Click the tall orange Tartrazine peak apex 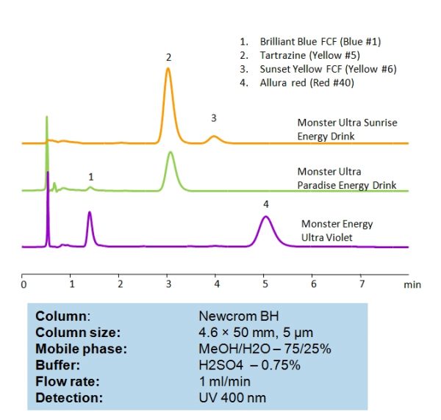pyautogui.click(x=168, y=69)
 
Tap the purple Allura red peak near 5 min pyautogui.click(x=266, y=217)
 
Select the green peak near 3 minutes pyautogui.click(x=171, y=153)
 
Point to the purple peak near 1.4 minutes pyautogui.click(x=90, y=213)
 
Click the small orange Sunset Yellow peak pyautogui.click(x=214, y=137)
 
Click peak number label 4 pyautogui.click(x=266, y=203)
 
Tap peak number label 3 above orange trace pyautogui.click(x=214, y=117)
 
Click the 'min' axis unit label pyautogui.click(x=413, y=284)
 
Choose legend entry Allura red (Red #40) pyautogui.click(x=307, y=83)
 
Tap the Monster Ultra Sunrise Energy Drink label pyautogui.click(x=347, y=129)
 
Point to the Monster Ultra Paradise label pyautogui.click(x=346, y=178)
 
